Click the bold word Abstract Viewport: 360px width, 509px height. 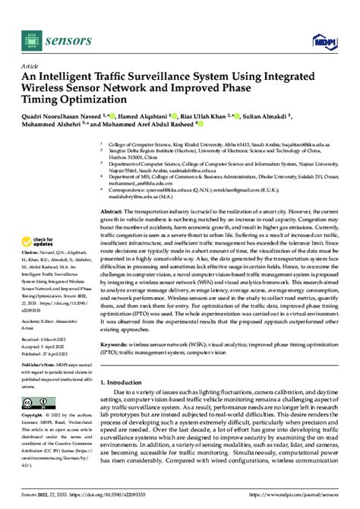112,210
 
